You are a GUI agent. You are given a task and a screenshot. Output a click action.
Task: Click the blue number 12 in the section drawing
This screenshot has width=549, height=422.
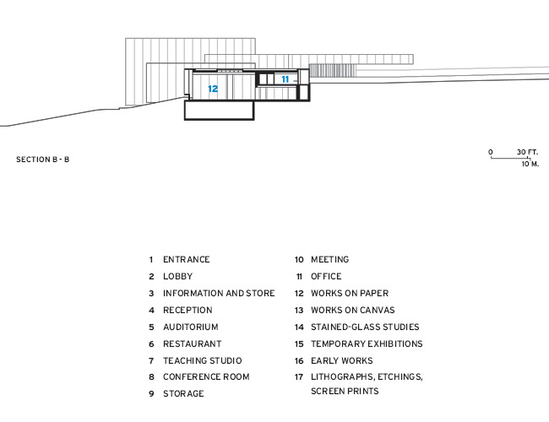[x=213, y=89]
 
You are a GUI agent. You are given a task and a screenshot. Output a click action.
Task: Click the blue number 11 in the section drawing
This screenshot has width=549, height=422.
[x=285, y=79]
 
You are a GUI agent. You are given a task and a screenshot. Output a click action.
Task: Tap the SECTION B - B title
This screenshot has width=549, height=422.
[x=43, y=160]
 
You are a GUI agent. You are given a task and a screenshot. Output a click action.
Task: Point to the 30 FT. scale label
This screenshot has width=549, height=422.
[x=527, y=152]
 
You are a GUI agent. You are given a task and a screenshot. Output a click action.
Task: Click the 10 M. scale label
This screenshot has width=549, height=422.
[x=530, y=164]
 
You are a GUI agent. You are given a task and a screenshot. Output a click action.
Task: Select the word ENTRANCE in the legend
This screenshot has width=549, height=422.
[x=187, y=260]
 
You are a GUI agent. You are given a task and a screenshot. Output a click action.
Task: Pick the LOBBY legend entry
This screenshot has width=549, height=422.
[x=178, y=277]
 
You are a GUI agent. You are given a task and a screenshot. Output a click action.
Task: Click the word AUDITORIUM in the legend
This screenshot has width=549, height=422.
[x=191, y=327]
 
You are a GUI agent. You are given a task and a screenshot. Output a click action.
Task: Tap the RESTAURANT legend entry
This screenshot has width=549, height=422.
[x=193, y=344]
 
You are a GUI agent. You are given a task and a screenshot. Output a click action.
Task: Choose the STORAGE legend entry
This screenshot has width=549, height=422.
[x=183, y=393]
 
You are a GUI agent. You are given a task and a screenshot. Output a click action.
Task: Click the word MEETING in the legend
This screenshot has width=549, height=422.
[x=329, y=260]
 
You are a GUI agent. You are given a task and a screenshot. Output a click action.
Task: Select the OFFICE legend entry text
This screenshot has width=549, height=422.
[x=326, y=277]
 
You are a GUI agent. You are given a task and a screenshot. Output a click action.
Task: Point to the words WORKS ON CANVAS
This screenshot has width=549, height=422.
[x=352, y=310]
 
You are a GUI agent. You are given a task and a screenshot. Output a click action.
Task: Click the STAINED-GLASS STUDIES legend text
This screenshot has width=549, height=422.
[x=365, y=327]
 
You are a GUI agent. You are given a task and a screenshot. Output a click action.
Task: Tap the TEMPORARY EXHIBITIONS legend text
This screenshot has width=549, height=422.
[x=367, y=344]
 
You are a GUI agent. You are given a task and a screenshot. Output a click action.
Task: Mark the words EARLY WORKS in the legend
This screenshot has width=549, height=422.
[x=342, y=360]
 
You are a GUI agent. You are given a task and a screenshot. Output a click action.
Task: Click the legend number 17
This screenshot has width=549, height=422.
[x=299, y=377]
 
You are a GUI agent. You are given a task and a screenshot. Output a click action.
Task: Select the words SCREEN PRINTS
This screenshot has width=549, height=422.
[x=345, y=391]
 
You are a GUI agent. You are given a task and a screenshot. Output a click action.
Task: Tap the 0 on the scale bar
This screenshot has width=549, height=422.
[x=491, y=152]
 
